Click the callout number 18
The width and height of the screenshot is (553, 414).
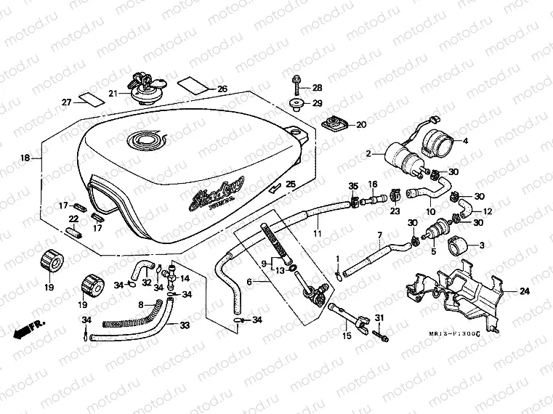(25, 158)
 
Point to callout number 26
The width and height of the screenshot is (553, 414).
(222, 89)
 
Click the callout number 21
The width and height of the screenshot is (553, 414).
(113, 94)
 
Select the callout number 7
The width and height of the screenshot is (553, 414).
(379, 235)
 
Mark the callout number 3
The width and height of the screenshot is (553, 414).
(480, 245)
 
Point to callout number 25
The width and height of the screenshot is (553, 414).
(291, 184)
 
